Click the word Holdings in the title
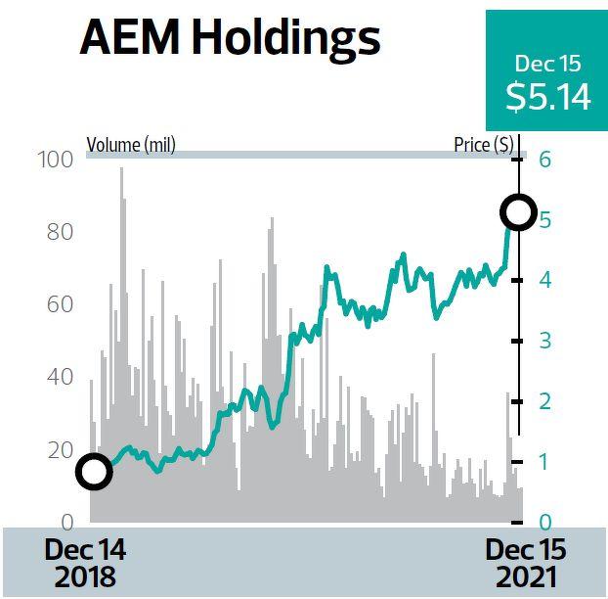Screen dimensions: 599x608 [284, 40]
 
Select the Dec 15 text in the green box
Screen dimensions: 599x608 [547, 65]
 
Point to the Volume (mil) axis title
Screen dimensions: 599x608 [131, 146]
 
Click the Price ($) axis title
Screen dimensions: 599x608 [483, 146]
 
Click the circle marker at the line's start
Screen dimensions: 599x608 [93, 472]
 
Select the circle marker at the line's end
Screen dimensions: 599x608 [517, 210]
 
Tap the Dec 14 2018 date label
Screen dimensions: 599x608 [85, 562]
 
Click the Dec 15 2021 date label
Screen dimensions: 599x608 [526, 562]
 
